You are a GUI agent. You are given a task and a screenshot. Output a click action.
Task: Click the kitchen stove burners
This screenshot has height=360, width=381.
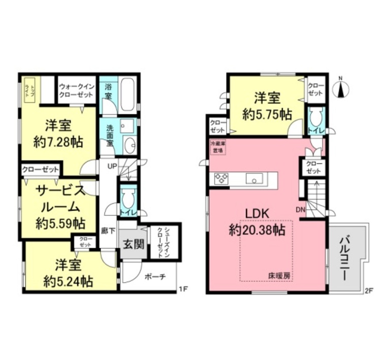click(222, 178)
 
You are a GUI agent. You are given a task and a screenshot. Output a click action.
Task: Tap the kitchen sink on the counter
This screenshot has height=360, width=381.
click(253, 178)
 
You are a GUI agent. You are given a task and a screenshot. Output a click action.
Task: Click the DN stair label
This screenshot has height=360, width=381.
click(300, 209)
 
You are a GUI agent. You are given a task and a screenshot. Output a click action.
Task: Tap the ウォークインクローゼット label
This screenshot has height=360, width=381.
click(76, 89)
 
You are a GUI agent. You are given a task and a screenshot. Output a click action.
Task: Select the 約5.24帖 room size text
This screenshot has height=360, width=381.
click(67, 280)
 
